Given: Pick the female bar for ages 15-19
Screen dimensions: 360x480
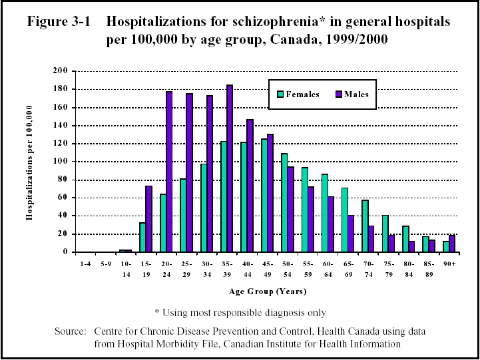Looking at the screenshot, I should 142,237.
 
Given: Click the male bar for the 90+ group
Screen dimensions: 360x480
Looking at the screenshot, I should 452,244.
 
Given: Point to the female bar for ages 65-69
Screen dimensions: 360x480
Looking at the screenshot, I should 345,220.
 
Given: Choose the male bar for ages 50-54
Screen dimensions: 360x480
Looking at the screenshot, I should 290,209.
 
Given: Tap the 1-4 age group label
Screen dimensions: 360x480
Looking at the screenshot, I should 85,264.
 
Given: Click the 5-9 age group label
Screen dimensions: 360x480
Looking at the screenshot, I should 105,264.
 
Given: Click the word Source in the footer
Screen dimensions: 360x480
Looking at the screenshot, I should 71,331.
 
